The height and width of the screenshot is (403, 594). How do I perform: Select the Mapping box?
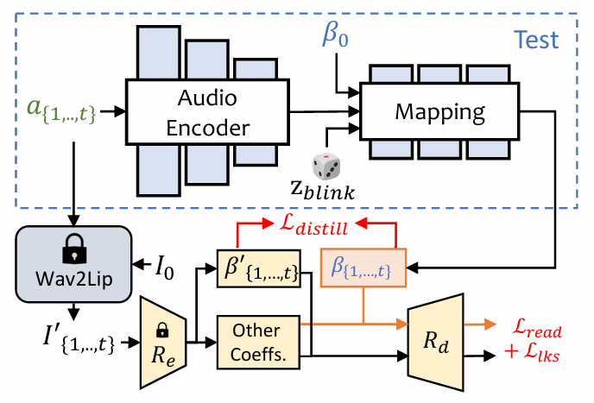pyautogui.click(x=439, y=112)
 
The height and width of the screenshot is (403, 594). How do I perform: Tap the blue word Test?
pyautogui.click(x=535, y=40)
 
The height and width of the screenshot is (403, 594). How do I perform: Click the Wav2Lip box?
pyautogui.click(x=73, y=260)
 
